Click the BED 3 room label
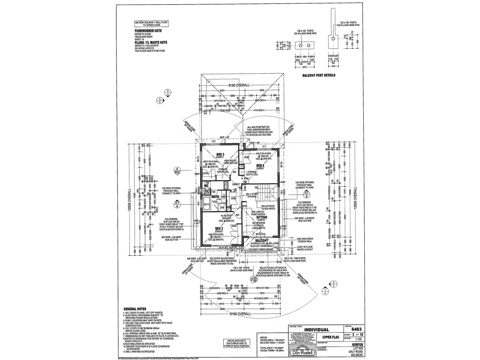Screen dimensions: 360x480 (220, 154)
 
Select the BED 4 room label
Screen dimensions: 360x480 (260, 166)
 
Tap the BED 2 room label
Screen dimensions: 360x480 (219, 228)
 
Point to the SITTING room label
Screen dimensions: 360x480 (262, 217)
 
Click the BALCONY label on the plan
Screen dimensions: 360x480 (262, 240)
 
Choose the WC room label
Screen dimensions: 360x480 (206, 186)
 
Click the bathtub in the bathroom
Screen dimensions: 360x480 (207, 204)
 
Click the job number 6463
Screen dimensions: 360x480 (356, 329)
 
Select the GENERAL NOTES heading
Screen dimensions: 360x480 (135, 309)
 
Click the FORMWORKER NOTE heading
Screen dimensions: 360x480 (148, 31)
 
